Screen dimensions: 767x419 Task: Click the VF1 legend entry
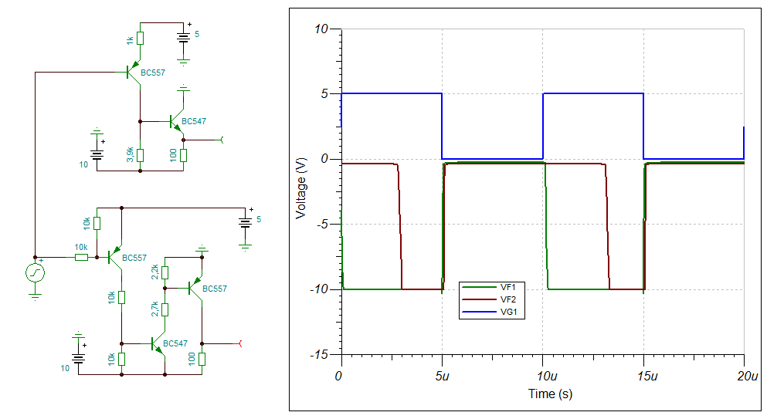(x=492, y=288)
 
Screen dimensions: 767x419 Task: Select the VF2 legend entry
(x=492, y=299)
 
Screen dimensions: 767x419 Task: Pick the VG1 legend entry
(x=492, y=312)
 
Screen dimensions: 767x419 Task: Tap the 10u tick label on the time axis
(x=547, y=377)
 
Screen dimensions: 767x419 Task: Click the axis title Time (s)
(x=550, y=394)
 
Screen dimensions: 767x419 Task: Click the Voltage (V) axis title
(x=300, y=188)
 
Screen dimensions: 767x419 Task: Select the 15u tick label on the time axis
(x=647, y=377)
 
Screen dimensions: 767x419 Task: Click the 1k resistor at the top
(x=141, y=38)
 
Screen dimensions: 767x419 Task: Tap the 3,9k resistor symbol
(x=141, y=155)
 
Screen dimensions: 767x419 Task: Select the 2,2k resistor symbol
(x=165, y=272)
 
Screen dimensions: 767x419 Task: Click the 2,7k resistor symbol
(x=165, y=309)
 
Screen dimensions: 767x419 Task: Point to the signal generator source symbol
(x=36, y=272)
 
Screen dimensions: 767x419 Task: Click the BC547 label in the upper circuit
(x=194, y=121)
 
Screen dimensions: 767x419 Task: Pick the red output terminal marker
(x=239, y=343)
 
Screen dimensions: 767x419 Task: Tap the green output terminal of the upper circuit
(x=221, y=140)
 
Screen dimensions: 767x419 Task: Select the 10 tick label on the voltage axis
(x=321, y=29)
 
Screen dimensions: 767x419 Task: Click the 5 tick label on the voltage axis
(x=324, y=94)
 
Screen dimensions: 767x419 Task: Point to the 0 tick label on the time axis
(x=338, y=377)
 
